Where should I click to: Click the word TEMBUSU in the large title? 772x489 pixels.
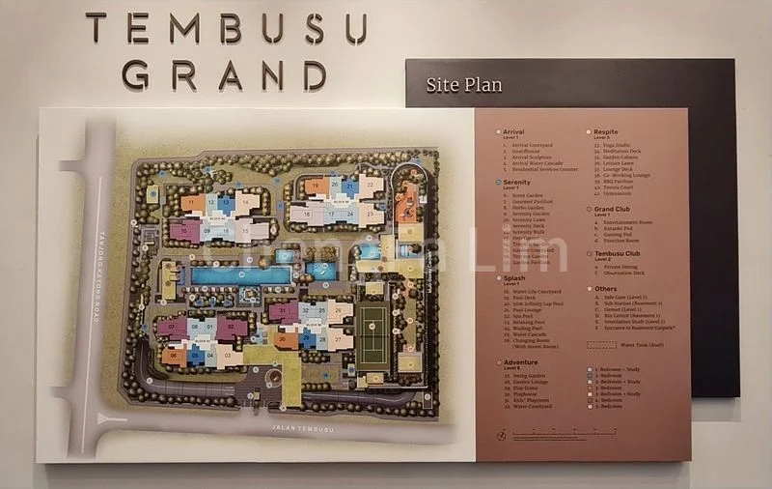(226, 28)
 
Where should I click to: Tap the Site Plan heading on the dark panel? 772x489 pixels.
(464, 85)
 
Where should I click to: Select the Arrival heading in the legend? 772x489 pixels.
(513, 132)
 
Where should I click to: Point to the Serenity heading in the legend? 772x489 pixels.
(516, 182)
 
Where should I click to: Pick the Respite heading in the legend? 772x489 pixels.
(607, 131)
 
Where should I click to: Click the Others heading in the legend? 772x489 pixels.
(605, 288)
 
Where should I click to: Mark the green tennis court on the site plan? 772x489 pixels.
(372, 337)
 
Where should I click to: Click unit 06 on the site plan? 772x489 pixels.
(175, 356)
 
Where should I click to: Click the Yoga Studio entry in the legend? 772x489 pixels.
(619, 145)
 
